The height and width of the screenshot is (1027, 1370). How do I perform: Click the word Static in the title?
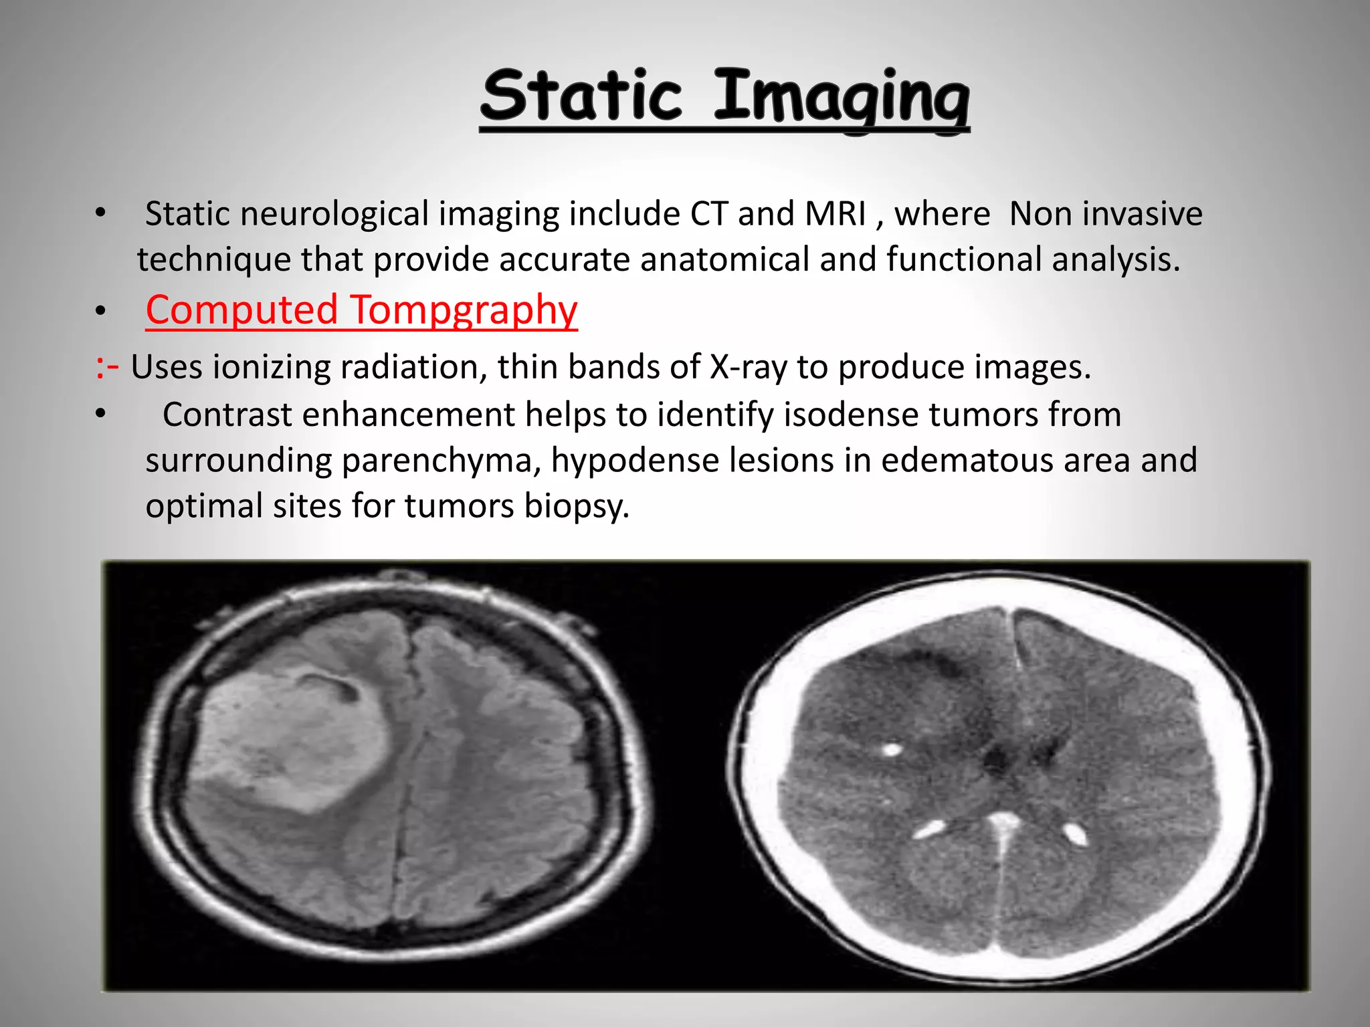point(581,97)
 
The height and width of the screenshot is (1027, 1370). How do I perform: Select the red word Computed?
point(241,310)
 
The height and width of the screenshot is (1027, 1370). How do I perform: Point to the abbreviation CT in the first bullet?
point(708,215)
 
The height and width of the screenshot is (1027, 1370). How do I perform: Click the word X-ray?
point(748,367)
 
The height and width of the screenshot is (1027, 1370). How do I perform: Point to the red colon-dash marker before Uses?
point(107,367)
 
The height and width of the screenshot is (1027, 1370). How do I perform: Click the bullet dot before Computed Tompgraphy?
point(100,311)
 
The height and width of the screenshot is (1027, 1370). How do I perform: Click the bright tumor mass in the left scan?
point(294,735)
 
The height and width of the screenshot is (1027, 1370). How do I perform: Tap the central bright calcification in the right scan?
point(1001,821)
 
